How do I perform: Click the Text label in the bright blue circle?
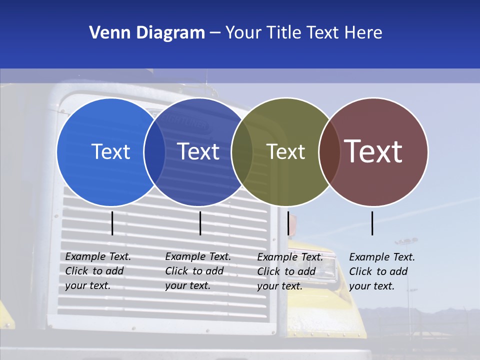tap(110, 151)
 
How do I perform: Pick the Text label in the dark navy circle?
tap(198, 151)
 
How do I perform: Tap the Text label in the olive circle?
tap(285, 151)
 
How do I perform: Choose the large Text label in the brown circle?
tap(373, 151)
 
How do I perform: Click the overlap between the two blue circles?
tap(154, 152)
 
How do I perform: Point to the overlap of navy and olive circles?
tap(242, 152)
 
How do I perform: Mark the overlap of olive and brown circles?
tap(329, 152)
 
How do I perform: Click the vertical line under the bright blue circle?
tap(112, 223)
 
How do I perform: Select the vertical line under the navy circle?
tap(200, 223)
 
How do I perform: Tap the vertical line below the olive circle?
tap(288, 223)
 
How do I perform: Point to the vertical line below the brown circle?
tap(372, 223)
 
